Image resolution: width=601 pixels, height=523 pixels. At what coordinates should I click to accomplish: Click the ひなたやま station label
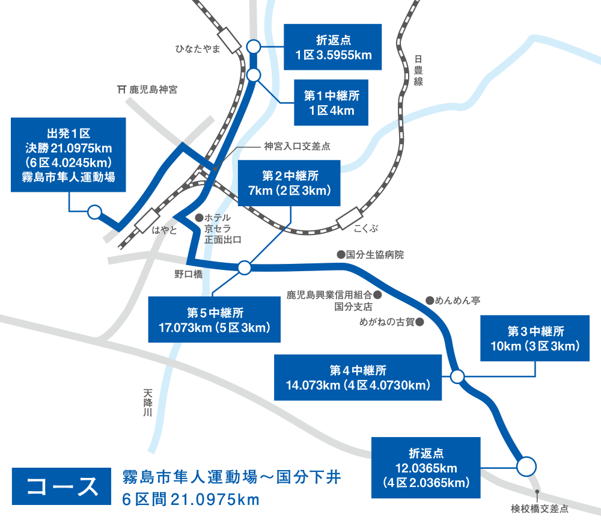[197, 49]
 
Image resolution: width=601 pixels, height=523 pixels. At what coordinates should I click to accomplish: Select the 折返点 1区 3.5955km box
[333, 47]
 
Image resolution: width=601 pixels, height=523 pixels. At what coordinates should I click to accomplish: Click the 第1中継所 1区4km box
[332, 103]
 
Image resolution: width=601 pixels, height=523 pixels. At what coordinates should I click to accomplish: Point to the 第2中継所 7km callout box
[290, 183]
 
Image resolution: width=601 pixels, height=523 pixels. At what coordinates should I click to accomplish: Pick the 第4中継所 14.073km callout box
[358, 378]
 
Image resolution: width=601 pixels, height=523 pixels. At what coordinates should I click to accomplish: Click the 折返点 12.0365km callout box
[426, 468]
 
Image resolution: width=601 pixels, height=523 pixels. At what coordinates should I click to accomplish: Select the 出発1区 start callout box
[69, 154]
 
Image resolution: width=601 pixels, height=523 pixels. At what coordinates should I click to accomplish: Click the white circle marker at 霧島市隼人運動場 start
[94, 212]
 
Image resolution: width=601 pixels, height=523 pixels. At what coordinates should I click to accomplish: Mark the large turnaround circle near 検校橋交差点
[526, 466]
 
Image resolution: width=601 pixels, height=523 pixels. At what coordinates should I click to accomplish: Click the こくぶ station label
[365, 229]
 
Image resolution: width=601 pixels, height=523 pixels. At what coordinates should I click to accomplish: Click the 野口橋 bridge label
[188, 274]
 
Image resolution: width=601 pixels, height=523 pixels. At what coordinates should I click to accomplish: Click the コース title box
[63, 486]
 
